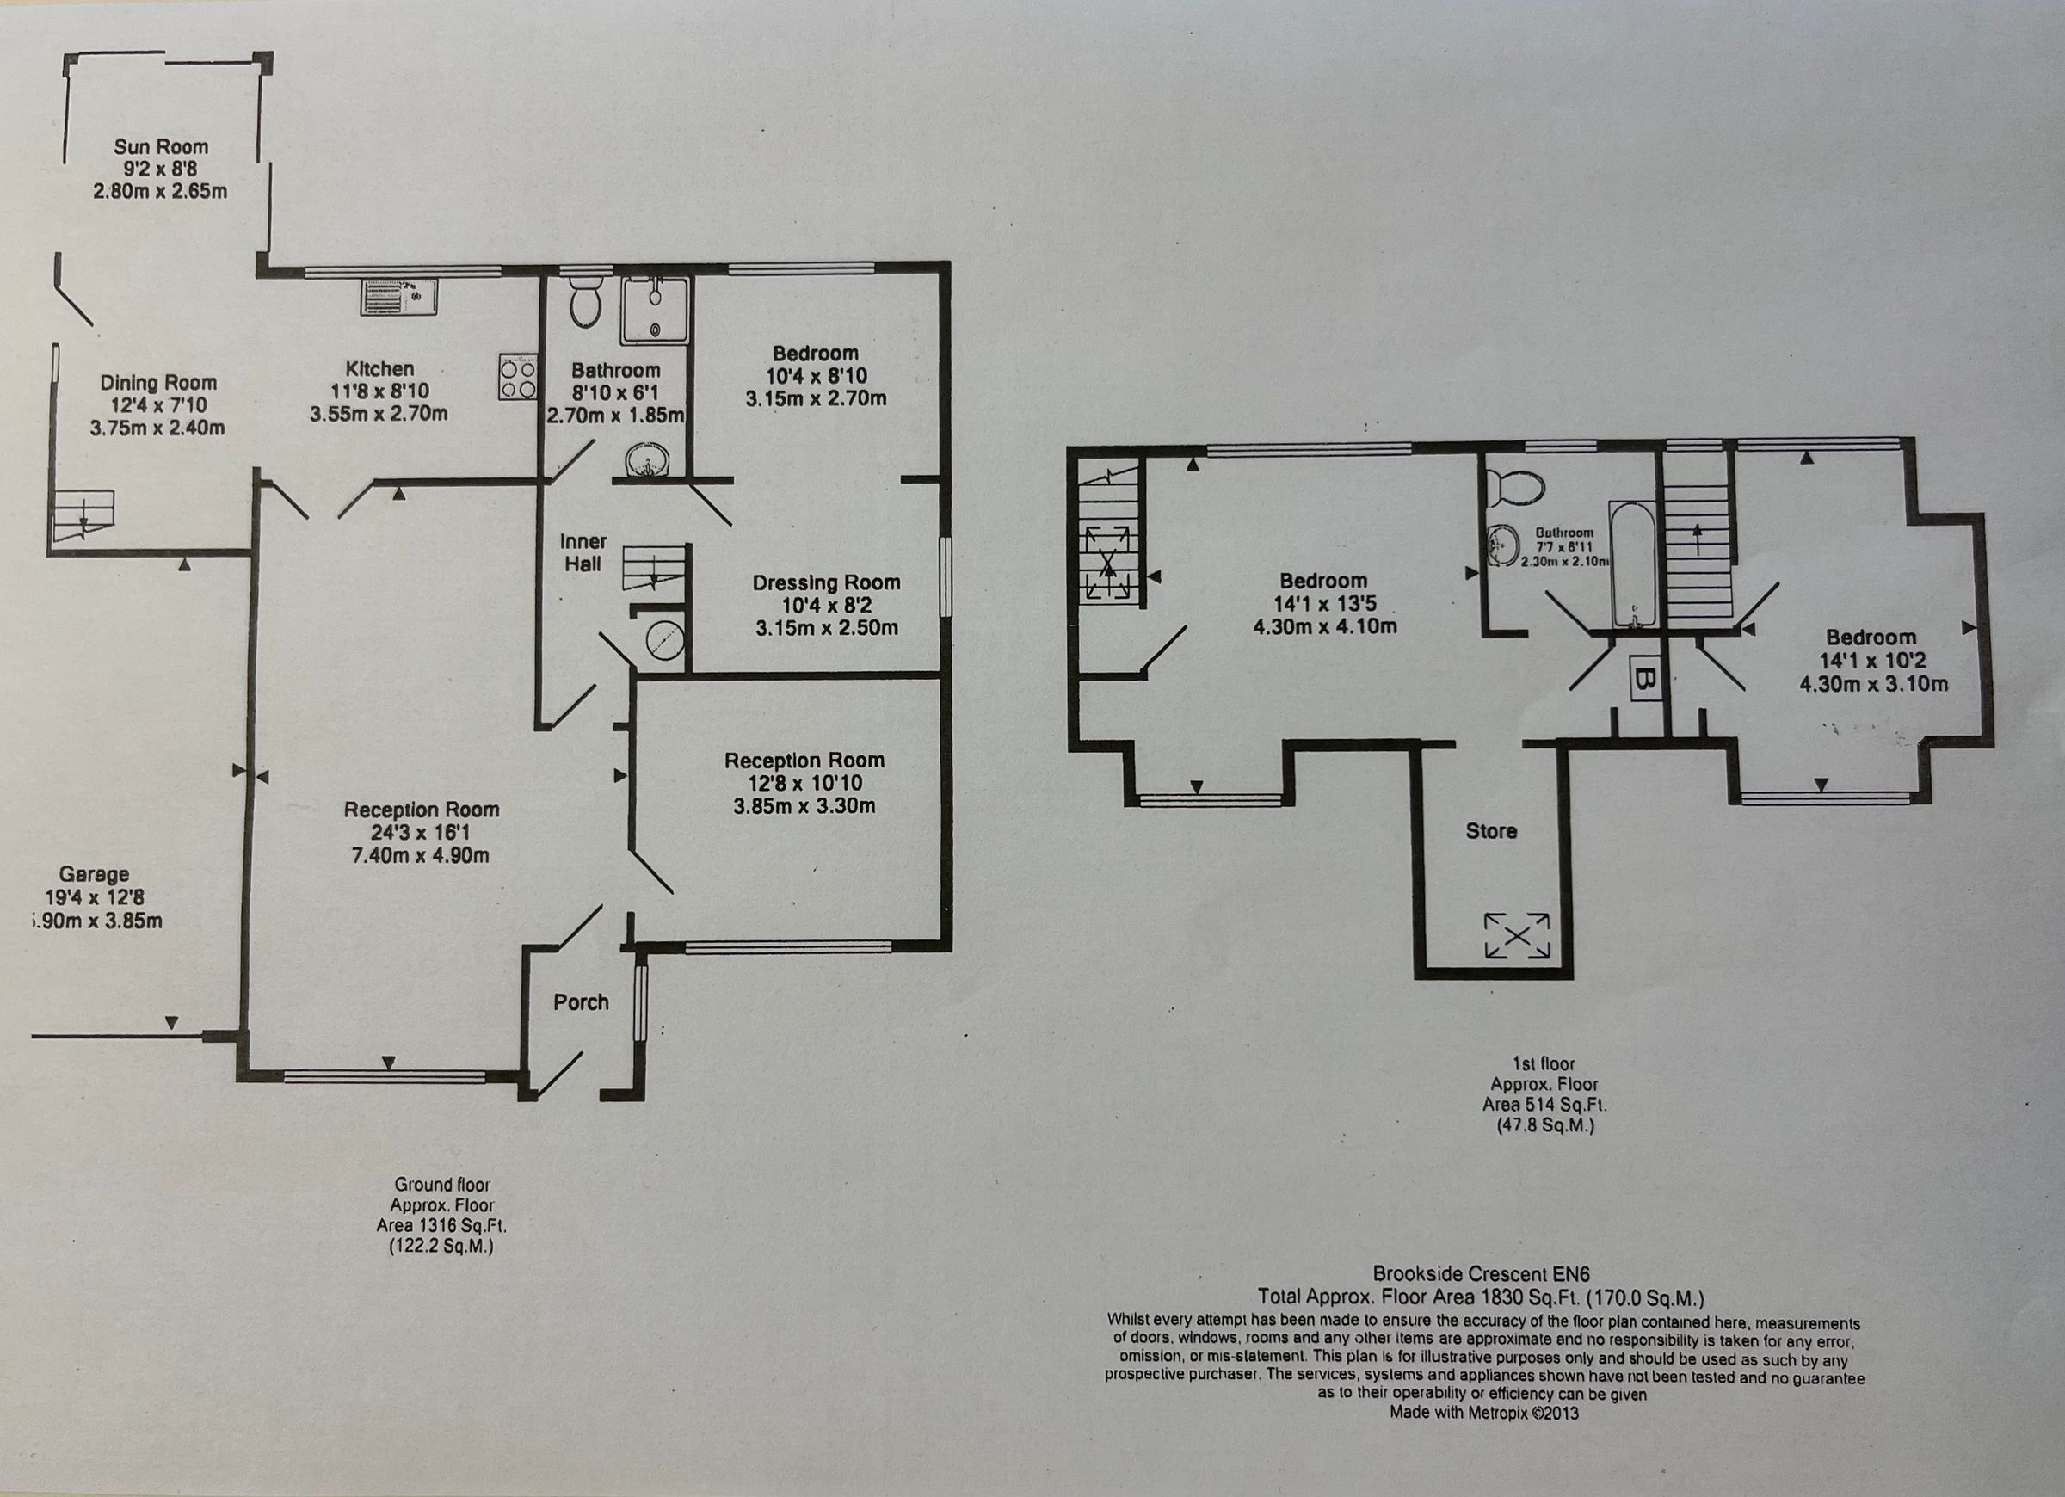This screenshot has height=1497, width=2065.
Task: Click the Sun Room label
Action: click(160, 146)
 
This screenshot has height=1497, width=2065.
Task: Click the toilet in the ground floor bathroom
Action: click(584, 302)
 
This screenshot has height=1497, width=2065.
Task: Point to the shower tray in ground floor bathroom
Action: click(655, 311)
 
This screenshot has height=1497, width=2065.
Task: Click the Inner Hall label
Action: click(583, 552)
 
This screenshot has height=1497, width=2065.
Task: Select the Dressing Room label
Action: click(826, 582)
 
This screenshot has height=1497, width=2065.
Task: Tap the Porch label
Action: click(581, 1002)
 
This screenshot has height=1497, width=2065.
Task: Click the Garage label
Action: click(95, 875)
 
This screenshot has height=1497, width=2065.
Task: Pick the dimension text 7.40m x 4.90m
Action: click(421, 856)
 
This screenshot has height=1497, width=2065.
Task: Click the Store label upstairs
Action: click(1490, 830)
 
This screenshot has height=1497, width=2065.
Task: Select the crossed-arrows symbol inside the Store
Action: click(1516, 935)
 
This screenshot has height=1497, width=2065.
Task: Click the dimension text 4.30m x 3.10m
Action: click(1874, 684)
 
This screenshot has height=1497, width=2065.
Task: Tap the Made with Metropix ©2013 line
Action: click(1483, 1413)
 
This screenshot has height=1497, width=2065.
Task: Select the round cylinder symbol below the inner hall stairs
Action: click(663, 641)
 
